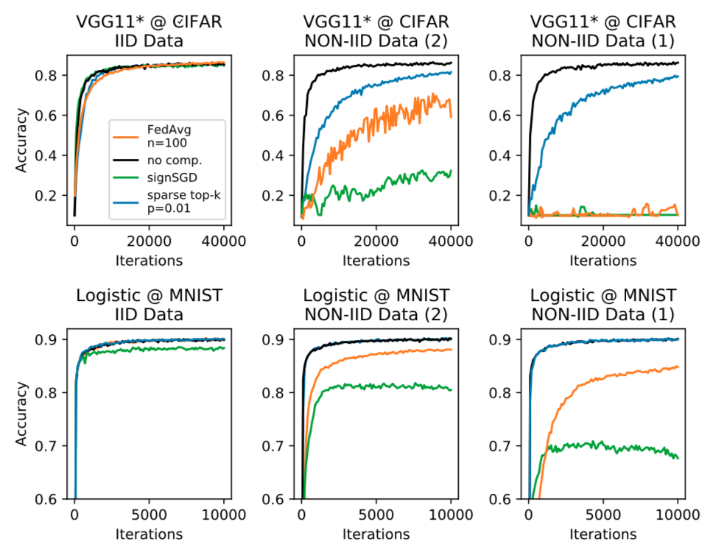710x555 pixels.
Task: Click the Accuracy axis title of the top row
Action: tap(22, 141)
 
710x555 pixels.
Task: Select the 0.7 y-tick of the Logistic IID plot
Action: tap(50, 446)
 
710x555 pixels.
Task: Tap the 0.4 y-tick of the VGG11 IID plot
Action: tap(50, 155)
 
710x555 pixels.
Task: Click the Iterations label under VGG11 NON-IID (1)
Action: tap(603, 260)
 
